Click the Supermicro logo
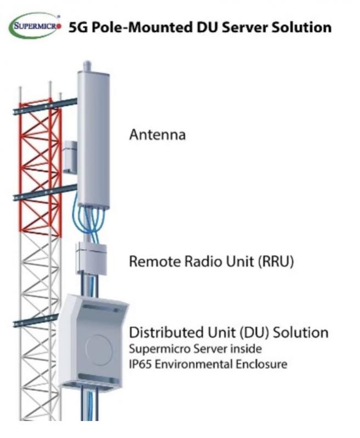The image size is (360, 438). pyautogui.click(x=35, y=27)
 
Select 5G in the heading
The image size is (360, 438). pyautogui.click(x=78, y=28)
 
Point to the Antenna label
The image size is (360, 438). pyautogui.click(x=157, y=135)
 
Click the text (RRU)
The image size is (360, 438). pyautogui.click(x=276, y=262)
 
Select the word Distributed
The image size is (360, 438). pyautogui.click(x=167, y=332)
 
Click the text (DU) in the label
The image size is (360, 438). pyautogui.click(x=254, y=333)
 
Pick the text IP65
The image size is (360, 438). pyautogui.click(x=140, y=364)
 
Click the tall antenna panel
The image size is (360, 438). pyautogui.click(x=93, y=140)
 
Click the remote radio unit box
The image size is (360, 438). pyautogui.click(x=92, y=259)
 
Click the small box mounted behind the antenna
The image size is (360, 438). pyautogui.click(x=70, y=157)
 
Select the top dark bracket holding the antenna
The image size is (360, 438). pyautogui.click(x=45, y=106)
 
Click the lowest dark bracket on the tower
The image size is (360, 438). pyautogui.click(x=36, y=320)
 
